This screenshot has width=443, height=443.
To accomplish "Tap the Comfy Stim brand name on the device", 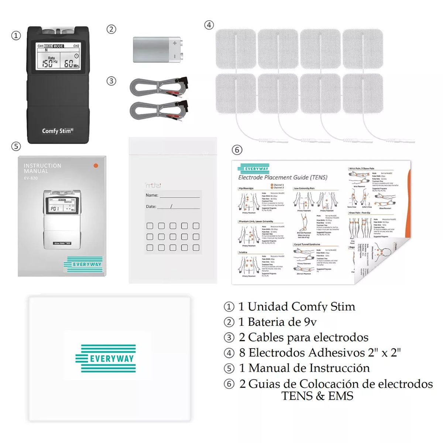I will [58, 131].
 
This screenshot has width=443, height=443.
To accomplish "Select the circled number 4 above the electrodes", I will [209, 25].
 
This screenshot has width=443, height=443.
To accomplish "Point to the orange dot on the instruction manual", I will [96, 166].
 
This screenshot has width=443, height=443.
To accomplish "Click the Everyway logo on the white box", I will [106, 358].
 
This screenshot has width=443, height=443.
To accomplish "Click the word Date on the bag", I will [151, 207].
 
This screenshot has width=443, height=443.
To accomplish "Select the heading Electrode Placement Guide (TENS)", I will [283, 178].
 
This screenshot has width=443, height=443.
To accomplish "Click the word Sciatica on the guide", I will [243, 253].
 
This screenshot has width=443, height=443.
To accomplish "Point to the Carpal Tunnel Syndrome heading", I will [307, 244].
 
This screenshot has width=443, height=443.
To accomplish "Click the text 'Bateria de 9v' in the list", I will [282, 322].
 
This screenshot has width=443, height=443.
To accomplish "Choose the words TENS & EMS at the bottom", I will [317, 396].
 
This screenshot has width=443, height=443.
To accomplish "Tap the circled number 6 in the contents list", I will [229, 384].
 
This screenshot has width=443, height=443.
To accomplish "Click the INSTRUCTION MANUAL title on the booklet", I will [42, 168].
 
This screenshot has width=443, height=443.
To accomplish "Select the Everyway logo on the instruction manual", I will [83, 264].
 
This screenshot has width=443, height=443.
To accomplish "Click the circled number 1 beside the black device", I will [16, 36].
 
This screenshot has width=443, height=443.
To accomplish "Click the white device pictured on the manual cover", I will [62, 219].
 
